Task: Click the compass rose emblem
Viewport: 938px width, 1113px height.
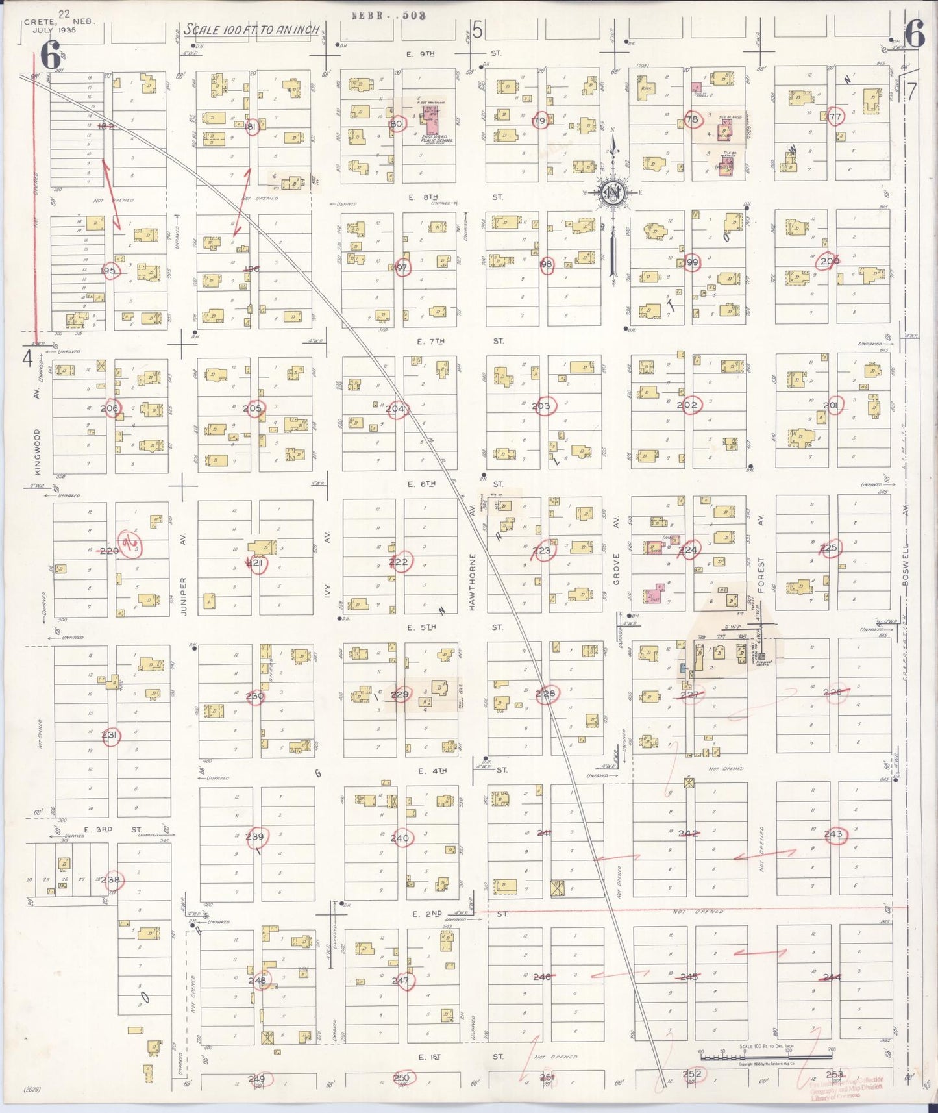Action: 611,192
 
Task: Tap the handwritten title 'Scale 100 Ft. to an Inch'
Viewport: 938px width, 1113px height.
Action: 252,30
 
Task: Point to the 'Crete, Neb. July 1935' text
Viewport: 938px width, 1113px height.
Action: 59,25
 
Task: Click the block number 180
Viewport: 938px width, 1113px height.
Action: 395,123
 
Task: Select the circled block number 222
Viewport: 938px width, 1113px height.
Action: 399,562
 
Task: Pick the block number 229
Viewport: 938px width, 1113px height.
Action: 400,695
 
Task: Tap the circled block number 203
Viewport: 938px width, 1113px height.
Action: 541,406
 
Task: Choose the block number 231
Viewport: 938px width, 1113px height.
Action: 110,736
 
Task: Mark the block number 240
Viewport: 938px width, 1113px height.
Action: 400,838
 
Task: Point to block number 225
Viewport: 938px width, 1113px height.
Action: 828,549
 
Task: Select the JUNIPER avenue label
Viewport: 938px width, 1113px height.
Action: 184,596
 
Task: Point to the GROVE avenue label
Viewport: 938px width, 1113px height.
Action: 617,569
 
